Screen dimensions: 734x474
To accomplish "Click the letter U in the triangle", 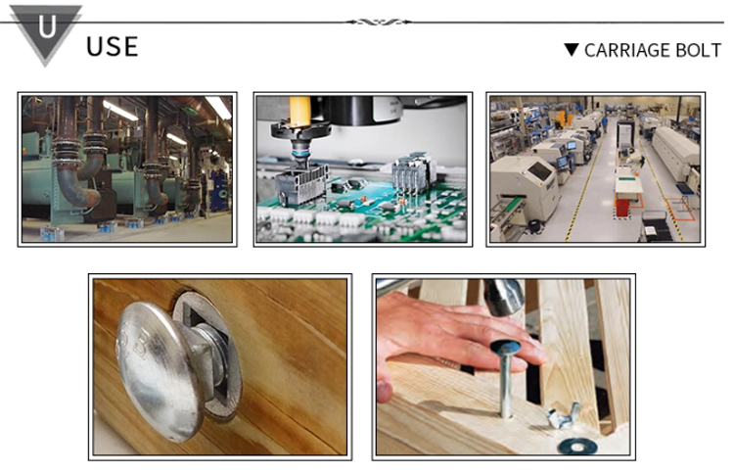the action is pyautogui.click(x=47, y=26).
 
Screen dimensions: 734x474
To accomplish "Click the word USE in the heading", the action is pyautogui.click(x=113, y=46).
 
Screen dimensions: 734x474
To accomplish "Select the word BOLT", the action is pyautogui.click(x=692, y=50).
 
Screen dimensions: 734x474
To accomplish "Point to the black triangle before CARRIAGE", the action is pyautogui.click(x=572, y=49).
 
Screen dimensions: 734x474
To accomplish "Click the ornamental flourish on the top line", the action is pyautogui.click(x=379, y=22).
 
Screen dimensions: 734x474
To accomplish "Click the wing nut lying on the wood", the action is pyautogui.click(x=565, y=416).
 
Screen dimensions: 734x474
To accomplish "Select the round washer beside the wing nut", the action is pyautogui.click(x=577, y=446).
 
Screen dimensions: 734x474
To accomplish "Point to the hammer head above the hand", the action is pyautogui.click(x=503, y=296).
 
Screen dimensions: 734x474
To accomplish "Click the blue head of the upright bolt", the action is pyautogui.click(x=506, y=347).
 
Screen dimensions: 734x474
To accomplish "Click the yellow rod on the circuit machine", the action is pyautogui.click(x=300, y=112).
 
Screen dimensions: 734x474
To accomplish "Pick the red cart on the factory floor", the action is pyautogui.click(x=622, y=207).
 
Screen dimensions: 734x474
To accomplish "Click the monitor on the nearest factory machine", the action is pyautogui.click(x=540, y=171).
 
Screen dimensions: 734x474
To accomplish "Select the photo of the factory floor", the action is pyautogui.click(x=595, y=169).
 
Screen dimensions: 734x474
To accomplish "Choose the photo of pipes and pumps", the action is pyautogui.click(x=127, y=169).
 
